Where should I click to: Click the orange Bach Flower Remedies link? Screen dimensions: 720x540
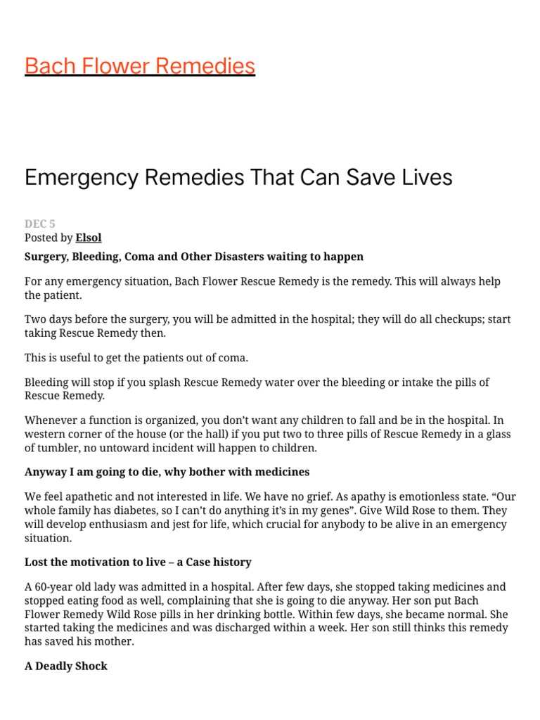click(x=139, y=65)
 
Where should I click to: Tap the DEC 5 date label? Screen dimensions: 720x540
click(x=39, y=224)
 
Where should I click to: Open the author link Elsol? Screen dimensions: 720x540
click(x=89, y=238)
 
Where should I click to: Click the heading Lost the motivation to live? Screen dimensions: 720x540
click(x=138, y=562)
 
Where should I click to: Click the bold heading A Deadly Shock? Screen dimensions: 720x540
click(x=66, y=666)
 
